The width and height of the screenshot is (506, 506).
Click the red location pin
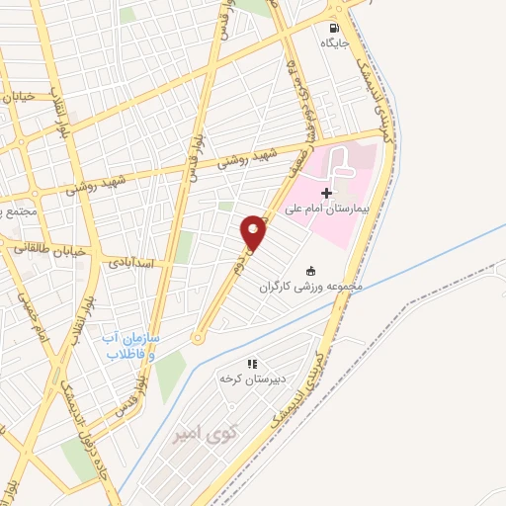pos(254,231)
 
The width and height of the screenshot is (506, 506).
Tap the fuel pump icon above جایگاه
pos(334,28)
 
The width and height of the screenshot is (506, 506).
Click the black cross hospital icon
pos(327,192)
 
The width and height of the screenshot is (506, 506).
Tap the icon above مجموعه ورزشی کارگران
pos(311,271)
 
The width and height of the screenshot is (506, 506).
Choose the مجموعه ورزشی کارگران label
pos(312,287)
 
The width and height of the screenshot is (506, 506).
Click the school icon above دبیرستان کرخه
pos(252,364)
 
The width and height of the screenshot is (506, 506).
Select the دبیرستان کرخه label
pos(252,379)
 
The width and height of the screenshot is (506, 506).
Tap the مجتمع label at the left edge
pos(17,211)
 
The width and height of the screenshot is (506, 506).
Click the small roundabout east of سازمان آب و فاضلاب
pos(198,338)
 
